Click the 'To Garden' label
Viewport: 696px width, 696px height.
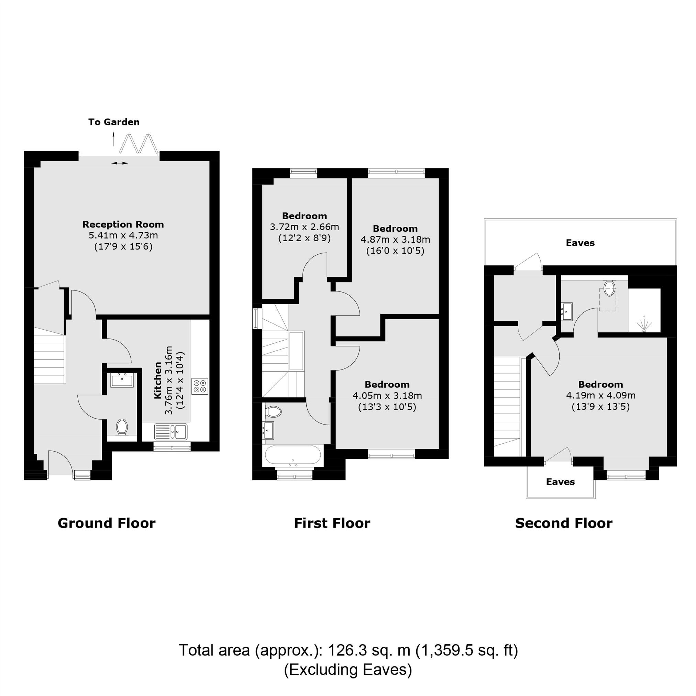[x=114, y=122]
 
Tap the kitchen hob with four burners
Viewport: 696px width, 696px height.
[x=200, y=386]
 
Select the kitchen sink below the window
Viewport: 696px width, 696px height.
[x=171, y=431]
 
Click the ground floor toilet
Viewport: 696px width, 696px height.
[x=122, y=428]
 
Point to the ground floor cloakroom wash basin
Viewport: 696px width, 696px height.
[x=122, y=380]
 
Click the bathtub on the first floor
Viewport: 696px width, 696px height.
[x=292, y=455]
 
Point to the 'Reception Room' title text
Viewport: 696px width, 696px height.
[x=123, y=224]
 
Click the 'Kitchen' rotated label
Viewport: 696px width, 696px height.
[x=158, y=380]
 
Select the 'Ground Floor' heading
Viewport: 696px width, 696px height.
[x=107, y=523]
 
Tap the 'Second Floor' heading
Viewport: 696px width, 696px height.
[x=564, y=523]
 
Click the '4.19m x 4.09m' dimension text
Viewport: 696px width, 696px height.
[x=601, y=395]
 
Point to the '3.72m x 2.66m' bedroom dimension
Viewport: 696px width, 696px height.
[x=305, y=227]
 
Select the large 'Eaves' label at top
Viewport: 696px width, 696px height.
[x=581, y=243]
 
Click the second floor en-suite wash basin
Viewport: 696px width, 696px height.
[x=566, y=311]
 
